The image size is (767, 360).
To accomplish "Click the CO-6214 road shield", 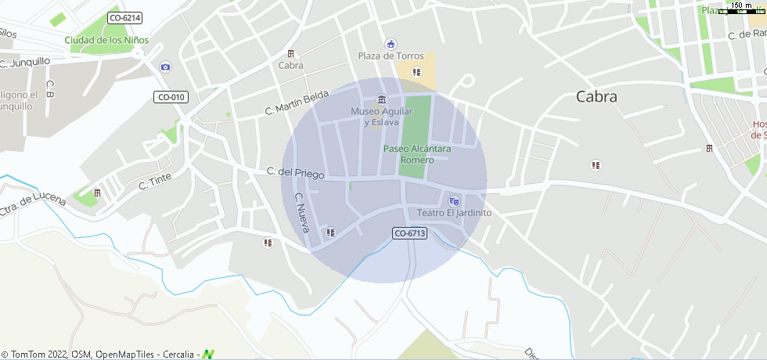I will tap(125, 17).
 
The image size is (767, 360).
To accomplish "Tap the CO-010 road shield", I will tap(171, 97).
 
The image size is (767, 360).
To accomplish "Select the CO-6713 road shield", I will tap(409, 232).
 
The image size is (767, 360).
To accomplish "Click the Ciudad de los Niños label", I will tap(106, 40).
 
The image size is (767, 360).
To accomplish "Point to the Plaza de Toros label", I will tap(391, 56).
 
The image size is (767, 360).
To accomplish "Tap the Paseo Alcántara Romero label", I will tap(416, 153).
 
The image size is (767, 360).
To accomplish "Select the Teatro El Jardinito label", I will tap(454, 212).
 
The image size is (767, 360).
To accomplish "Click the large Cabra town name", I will tap(596, 97).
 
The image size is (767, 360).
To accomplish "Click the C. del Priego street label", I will tap(295, 172).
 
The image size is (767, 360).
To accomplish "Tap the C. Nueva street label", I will tap(302, 213).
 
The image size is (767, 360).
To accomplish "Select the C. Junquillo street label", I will tap(25, 62).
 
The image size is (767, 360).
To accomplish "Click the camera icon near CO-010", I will tap(165, 67).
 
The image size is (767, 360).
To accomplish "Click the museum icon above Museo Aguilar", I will tap(381, 99).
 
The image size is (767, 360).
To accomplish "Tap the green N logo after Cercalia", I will tap(208, 355).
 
